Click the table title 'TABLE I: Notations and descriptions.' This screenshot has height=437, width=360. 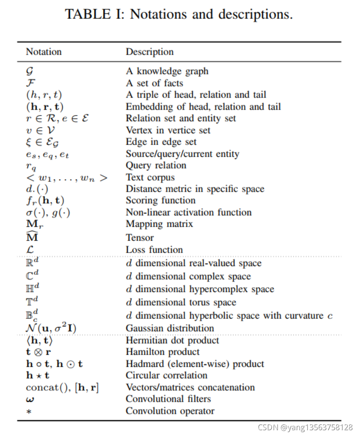179,14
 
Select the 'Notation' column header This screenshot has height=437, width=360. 43,52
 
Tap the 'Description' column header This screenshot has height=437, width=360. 150,52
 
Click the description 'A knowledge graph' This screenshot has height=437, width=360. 167,71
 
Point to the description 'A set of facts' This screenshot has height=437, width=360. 154,83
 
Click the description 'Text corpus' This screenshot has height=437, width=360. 151,177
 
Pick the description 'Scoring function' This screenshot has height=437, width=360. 161,200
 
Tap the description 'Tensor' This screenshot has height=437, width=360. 140,238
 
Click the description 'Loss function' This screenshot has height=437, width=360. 154,250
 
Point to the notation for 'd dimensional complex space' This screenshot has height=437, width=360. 32,276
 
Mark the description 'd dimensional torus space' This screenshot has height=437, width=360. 181,302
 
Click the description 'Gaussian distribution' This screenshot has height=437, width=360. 170,328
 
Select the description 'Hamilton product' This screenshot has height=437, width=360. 163,352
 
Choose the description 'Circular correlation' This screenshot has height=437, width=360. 166,375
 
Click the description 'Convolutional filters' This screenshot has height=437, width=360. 168,399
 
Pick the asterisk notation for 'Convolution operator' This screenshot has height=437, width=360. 28,412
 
